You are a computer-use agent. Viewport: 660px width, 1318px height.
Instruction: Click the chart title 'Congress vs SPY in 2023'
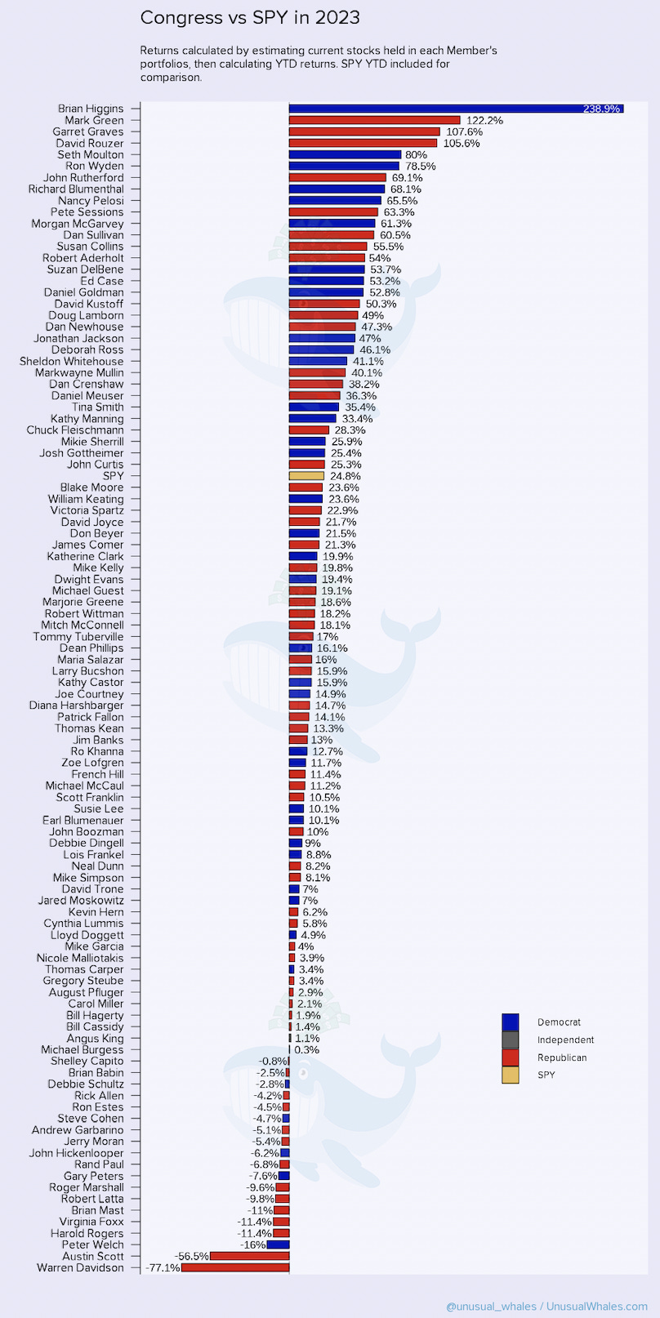[x=250, y=18]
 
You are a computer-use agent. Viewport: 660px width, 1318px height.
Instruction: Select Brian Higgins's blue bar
[x=456, y=109]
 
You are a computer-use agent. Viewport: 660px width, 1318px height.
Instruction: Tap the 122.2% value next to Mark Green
[x=484, y=120]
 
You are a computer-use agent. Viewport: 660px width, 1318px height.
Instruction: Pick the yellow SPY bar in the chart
[x=306, y=476]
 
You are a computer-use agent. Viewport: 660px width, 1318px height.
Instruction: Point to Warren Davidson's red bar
[x=235, y=1268]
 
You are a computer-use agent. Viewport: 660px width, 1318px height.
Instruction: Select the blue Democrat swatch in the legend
[x=510, y=1022]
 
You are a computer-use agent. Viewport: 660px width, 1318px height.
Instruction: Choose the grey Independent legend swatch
[x=510, y=1040]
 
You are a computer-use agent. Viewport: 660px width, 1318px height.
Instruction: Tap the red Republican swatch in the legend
[x=510, y=1058]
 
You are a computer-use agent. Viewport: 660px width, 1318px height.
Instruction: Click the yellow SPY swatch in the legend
[x=510, y=1075]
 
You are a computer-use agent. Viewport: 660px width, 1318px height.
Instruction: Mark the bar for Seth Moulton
[x=345, y=154]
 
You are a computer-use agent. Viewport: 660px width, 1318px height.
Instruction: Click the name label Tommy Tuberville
[x=78, y=637]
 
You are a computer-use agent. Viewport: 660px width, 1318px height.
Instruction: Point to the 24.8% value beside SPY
[x=346, y=476]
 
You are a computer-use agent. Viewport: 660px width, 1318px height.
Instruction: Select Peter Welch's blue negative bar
[x=278, y=1245]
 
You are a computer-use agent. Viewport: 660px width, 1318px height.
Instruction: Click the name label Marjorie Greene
[x=83, y=602]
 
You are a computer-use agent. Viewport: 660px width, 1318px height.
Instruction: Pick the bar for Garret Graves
[x=364, y=131]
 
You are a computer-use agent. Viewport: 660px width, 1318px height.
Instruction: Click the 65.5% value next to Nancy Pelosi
[x=402, y=201]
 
